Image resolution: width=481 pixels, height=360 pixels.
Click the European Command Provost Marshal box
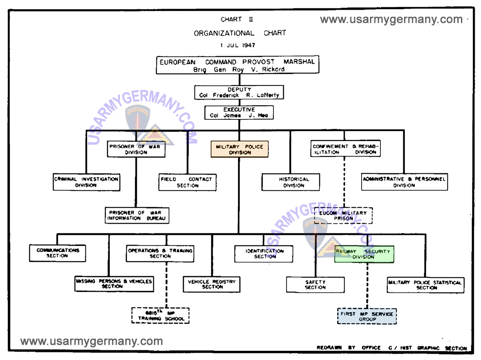tap(237, 65)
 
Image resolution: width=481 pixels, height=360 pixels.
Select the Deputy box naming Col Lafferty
tap(239, 92)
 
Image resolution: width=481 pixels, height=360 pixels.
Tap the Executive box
tap(239, 112)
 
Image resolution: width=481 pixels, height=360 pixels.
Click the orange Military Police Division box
tap(239, 149)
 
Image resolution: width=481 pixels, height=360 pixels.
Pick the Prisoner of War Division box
tap(136, 149)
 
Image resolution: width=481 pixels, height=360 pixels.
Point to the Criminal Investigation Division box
tap(86, 182)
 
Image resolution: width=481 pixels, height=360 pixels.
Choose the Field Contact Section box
tap(187, 182)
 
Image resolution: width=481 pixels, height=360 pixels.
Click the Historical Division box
tap(291, 182)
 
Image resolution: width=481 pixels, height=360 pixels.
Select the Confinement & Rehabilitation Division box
tap(345, 149)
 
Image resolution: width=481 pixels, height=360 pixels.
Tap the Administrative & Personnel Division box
tap(404, 182)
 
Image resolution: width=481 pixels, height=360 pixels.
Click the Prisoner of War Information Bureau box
tap(137, 215)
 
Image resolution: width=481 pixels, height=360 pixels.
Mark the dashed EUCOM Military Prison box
tap(343, 216)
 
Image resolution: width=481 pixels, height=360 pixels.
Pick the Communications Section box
tap(58, 253)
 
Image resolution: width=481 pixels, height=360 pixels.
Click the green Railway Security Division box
tap(364, 254)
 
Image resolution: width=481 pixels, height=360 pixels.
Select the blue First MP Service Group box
tap(367, 316)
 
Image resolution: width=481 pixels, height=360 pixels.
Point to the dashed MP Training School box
tap(160, 316)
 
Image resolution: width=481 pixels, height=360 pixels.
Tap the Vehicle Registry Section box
tap(212, 284)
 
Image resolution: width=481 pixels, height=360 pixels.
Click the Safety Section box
tap(315, 285)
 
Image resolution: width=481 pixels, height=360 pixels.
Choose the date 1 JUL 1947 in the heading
tap(238, 45)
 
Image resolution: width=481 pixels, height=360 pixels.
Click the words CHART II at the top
tap(237, 19)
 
